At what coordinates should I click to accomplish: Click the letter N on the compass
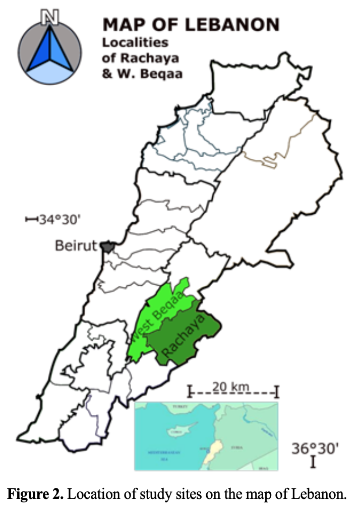(49, 18)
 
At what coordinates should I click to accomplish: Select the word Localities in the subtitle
(135, 43)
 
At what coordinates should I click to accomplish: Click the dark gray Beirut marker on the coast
(107, 246)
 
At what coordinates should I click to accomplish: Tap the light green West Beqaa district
(151, 323)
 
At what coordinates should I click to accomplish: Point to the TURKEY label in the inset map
(181, 406)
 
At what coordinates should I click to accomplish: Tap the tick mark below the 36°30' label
(313, 462)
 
